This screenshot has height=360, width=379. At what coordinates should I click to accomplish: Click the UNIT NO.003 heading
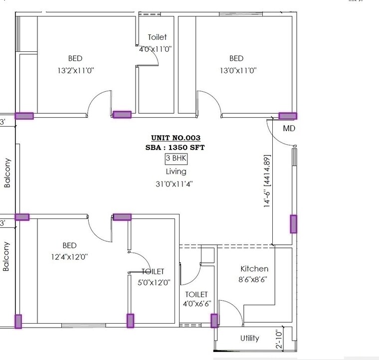[176, 138]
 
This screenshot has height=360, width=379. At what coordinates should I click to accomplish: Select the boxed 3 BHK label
[176, 159]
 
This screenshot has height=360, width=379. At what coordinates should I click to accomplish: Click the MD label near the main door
[289, 128]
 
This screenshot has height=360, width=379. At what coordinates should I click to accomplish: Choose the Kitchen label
[254, 269]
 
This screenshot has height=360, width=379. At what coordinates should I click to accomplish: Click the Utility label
[249, 338]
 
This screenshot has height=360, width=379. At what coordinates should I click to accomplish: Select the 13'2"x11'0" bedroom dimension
[76, 71]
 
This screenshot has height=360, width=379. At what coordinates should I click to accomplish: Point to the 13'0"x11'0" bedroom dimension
[238, 71]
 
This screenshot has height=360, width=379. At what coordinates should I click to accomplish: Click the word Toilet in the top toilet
[157, 37]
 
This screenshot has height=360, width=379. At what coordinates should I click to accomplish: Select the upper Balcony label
[7, 173]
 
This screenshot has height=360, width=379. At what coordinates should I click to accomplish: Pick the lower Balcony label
[7, 256]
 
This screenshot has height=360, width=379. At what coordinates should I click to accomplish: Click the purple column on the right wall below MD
[293, 224]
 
